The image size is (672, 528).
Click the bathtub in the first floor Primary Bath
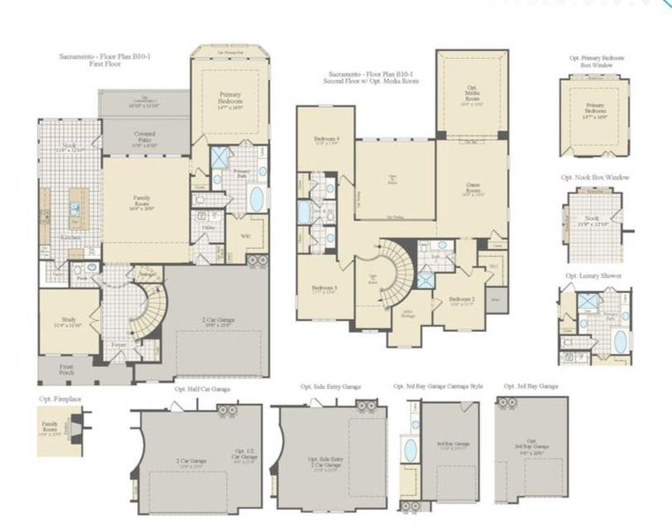point(256,199)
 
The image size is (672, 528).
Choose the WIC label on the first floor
point(245,236)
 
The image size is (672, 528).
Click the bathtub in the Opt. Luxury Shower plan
point(620,341)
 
